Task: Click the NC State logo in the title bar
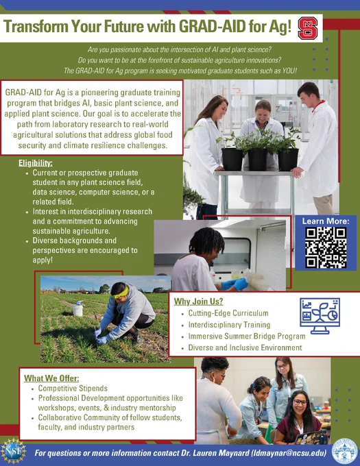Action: tap(308, 28)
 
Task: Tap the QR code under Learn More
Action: tap(326, 247)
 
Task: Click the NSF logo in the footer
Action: tap(13, 451)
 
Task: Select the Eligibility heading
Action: tap(36, 163)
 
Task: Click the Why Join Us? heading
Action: tap(198, 302)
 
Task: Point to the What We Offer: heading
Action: tap(51, 378)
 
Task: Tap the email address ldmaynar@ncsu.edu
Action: tap(289, 453)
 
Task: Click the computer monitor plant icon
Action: tap(320, 316)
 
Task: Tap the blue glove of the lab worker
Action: tap(239, 284)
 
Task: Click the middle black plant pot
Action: tap(258, 159)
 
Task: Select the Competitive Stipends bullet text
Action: tap(73, 388)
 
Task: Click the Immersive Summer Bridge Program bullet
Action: tap(247, 336)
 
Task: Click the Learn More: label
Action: tap(326, 221)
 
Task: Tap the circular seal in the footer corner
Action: tap(344, 451)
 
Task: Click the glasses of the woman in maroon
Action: tap(300, 402)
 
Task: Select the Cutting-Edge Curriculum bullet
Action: tap(228, 313)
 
